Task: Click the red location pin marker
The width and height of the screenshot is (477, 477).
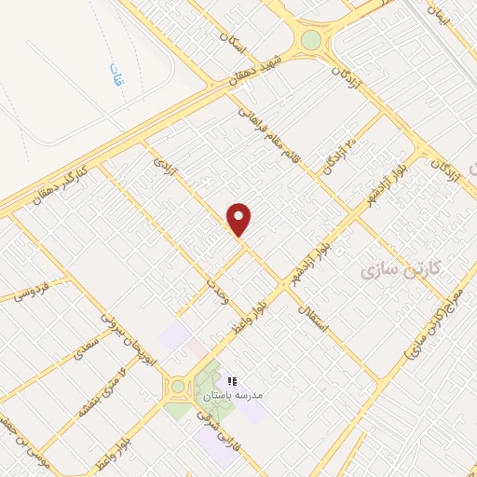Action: click(239, 220)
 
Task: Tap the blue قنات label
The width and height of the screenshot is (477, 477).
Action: click(115, 75)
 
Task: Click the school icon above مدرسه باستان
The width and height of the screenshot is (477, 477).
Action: click(232, 381)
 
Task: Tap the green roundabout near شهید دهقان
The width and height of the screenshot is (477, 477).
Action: click(310, 40)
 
